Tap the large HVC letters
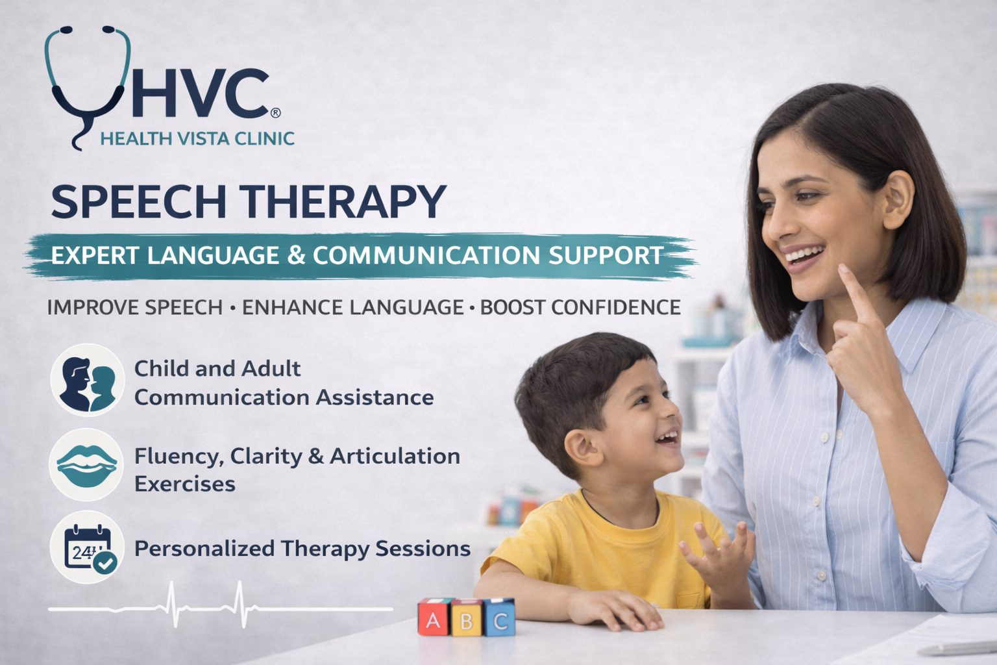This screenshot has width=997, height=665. point(201,94)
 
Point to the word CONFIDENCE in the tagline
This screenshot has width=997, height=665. point(580,307)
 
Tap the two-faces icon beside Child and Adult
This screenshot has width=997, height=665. point(87,380)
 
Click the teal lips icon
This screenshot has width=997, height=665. point(86,465)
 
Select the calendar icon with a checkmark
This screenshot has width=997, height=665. point(87,547)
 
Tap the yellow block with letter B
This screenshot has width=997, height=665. point(467,618)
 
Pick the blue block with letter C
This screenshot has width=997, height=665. point(499,618)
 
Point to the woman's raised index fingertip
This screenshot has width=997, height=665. point(843,269)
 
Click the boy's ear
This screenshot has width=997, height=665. point(583,449)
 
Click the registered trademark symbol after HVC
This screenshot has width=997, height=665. point(275,113)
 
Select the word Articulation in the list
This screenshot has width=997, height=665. point(395,456)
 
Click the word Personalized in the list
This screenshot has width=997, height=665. point(204,549)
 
